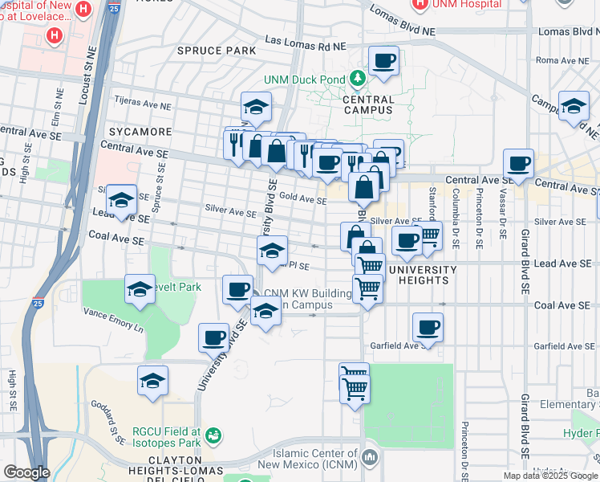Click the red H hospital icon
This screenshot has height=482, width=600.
click(55, 35)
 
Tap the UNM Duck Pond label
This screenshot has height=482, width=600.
click(306, 80)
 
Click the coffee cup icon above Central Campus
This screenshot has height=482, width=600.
click(383, 60)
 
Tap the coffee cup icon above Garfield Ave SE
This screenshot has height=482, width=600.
click(428, 328)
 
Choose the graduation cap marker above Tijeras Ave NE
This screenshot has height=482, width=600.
click(256, 107)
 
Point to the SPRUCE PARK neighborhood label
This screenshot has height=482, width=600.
click(217, 51)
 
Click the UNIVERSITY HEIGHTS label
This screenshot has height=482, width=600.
click(417, 275)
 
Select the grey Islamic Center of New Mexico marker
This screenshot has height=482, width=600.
click(370, 458)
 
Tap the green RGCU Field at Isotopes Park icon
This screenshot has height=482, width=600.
click(213, 436)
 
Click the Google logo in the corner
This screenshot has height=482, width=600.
click(26, 472)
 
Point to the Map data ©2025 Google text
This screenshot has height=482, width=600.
click(549, 476)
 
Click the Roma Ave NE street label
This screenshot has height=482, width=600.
click(563, 60)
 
